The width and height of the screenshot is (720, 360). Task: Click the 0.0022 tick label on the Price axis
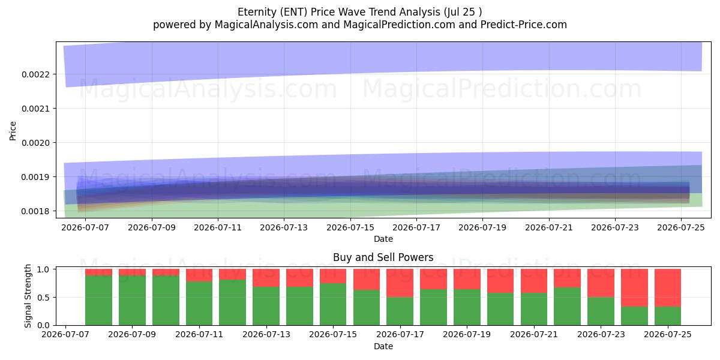pyautogui.click(x=35, y=74)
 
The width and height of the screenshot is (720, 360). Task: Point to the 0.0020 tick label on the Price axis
pyautogui.click(x=35, y=143)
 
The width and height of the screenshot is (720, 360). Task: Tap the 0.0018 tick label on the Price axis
pyautogui.click(x=35, y=211)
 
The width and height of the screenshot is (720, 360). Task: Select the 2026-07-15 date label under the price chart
pyautogui.click(x=350, y=227)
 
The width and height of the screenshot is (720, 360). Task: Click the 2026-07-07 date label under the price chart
pyautogui.click(x=85, y=227)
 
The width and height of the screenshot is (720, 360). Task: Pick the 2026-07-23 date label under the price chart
pyautogui.click(x=615, y=227)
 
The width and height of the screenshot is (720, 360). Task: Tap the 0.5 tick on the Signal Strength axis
pyautogui.click(x=43, y=298)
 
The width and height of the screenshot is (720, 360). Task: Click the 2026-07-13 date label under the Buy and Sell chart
pyautogui.click(x=266, y=334)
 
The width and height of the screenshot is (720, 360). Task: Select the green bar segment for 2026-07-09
pyautogui.click(x=132, y=301)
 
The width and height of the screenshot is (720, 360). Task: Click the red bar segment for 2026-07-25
pyautogui.click(x=668, y=288)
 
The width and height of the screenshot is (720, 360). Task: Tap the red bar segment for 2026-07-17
pyautogui.click(x=400, y=283)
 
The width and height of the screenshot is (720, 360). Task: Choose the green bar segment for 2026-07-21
pyautogui.click(x=534, y=309)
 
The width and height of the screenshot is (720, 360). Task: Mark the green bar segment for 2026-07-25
pyautogui.click(x=668, y=316)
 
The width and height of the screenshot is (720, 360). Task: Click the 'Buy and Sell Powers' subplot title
pyautogui.click(x=383, y=257)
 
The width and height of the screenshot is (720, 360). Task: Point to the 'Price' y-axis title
pyautogui.click(x=13, y=131)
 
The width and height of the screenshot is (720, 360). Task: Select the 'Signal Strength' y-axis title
pyautogui.click(x=28, y=296)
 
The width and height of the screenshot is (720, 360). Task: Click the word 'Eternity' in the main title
pyautogui.click(x=257, y=12)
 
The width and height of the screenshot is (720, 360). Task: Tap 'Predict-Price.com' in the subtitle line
pyautogui.click(x=524, y=25)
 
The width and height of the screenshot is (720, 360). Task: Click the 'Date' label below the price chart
pyautogui.click(x=383, y=239)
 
